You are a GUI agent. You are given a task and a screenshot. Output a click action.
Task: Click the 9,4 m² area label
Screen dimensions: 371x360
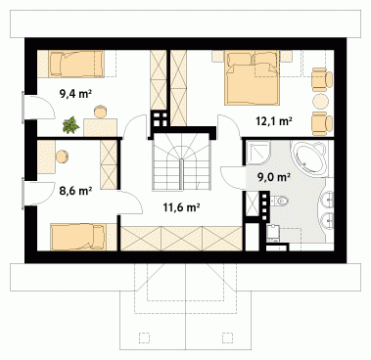coord(75,94)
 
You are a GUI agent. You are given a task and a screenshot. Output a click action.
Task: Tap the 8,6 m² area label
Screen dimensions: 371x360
coord(75,191)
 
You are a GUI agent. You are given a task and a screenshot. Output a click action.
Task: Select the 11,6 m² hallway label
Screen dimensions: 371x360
coord(181,206)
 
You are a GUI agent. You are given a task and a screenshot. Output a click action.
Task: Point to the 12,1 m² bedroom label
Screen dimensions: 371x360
coord(273,121)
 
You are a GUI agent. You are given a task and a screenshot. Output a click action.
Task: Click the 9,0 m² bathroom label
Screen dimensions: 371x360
coord(274,177)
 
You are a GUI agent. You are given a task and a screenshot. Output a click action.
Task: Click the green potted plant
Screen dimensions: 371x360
coord(70,125)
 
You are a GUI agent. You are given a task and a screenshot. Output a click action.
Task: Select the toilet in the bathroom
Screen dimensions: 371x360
coord(280,201)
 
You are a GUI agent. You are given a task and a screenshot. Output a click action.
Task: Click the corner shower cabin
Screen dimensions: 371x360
coord(257,153)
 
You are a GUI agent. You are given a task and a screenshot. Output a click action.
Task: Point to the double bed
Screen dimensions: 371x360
coord(253,77)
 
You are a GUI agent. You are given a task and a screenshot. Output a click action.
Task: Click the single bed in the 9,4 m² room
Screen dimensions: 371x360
coord(77,64)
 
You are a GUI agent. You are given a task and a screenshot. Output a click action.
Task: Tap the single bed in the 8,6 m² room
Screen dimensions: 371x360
coord(78,237)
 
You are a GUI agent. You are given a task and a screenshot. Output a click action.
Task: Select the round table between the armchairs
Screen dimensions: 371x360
coord(320,101)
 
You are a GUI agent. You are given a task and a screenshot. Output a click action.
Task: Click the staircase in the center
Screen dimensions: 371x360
coord(181,162)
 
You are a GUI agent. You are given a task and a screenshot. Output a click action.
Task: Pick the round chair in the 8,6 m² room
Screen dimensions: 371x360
coord(62,157)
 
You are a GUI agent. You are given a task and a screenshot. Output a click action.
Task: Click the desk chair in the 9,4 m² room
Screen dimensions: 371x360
coord(101,112)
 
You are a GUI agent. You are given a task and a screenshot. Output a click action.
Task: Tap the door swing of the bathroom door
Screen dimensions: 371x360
coord(232,177)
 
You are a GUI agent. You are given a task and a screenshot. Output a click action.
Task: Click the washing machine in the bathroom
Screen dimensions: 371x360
coord(272,233)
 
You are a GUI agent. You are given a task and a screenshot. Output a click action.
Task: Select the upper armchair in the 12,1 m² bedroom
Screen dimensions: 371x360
coord(321,79)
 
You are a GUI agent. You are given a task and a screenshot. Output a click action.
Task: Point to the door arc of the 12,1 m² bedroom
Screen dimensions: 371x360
coord(229,126)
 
